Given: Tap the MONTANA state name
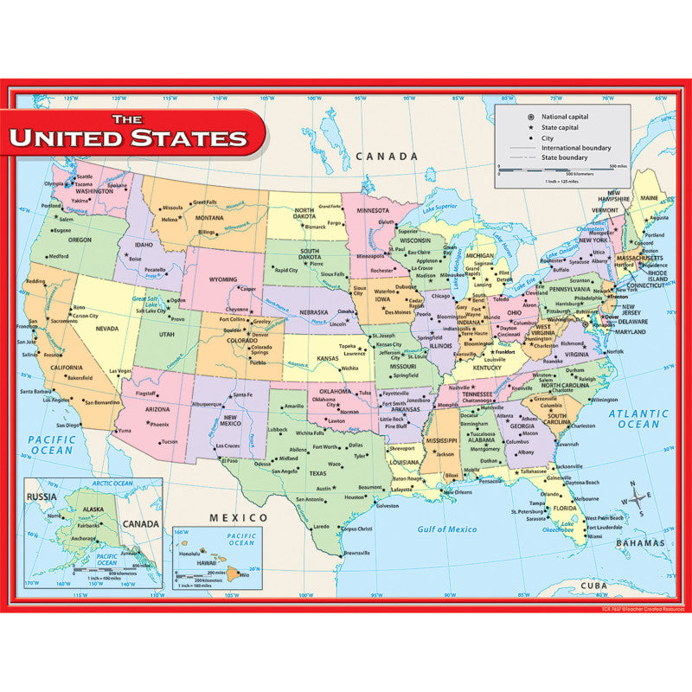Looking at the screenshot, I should (x=210, y=219).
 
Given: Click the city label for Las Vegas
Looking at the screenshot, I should (x=120, y=371).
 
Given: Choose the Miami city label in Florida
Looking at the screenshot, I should (x=595, y=536).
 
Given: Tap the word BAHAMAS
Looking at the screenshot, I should (x=635, y=543).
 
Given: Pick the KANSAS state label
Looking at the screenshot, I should (x=328, y=358).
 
